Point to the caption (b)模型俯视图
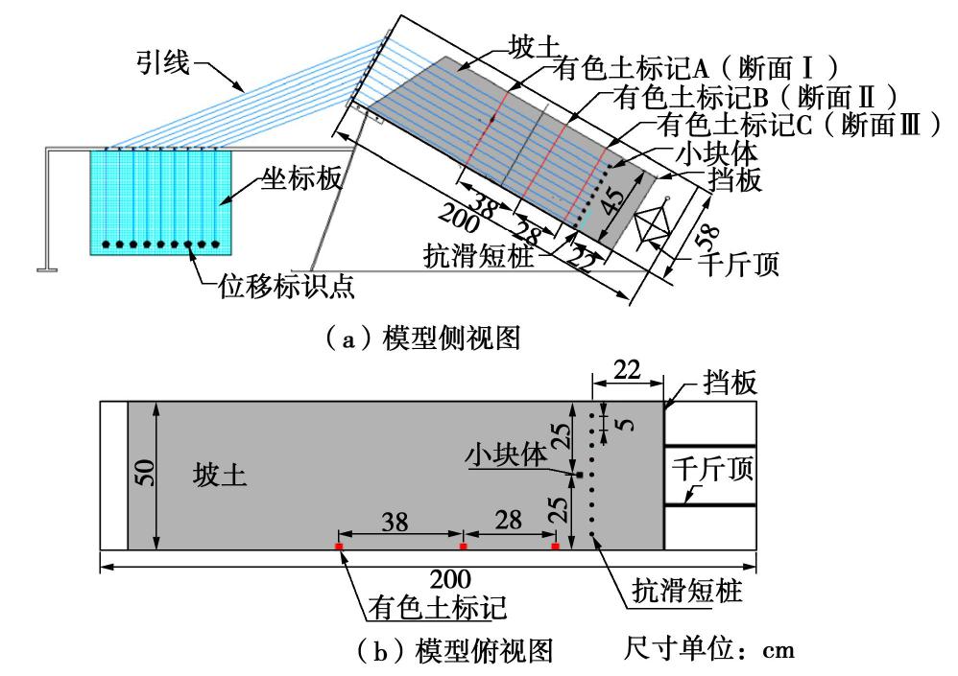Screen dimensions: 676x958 [459, 651]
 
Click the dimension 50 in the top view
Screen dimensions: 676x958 [143, 474]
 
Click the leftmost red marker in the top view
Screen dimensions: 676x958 [339, 547]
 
